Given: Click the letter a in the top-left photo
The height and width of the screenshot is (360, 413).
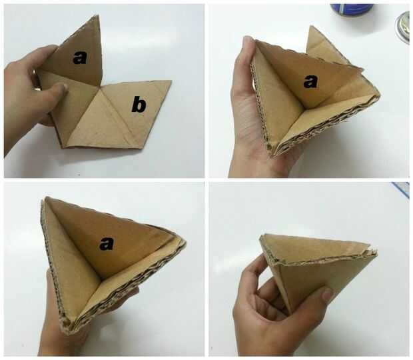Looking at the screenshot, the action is (80, 58).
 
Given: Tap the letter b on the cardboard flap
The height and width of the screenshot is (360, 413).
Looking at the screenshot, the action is (139, 105).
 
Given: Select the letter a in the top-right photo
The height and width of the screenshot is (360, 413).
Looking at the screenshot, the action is (310, 81).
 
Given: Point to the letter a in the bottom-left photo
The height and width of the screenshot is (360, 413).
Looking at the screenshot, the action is (107, 243).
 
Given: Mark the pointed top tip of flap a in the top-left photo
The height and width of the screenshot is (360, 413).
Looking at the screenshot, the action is (99, 15).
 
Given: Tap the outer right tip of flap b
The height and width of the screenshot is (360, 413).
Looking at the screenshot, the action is (171, 81).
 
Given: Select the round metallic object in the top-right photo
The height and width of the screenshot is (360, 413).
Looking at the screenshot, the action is (403, 27).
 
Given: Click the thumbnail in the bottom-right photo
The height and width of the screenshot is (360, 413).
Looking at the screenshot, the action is (328, 294).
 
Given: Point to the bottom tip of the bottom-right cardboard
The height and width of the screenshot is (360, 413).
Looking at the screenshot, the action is (292, 313).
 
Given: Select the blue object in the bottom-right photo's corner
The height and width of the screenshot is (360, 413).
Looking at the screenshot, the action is (402, 189).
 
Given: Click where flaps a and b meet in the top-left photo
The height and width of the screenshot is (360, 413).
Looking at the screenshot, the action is (101, 86).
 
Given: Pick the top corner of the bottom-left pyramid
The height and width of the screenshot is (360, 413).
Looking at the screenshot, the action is (46, 197).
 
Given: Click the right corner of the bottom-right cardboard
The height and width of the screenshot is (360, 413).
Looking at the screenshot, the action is (376, 251).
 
